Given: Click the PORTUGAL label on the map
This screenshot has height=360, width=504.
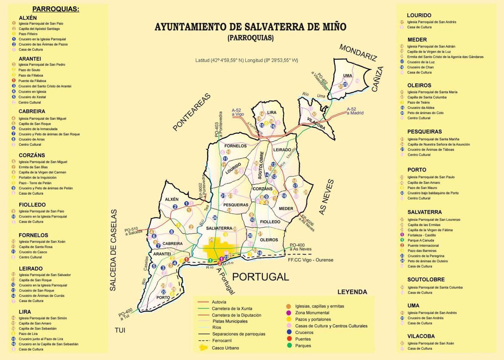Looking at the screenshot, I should [260, 277].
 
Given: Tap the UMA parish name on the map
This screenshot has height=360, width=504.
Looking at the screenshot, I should [347, 76].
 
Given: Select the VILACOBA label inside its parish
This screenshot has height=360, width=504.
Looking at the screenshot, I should [316, 124].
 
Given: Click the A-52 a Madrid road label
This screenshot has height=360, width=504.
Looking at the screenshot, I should [355, 111].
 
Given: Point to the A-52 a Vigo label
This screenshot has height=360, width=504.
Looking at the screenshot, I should [238, 112].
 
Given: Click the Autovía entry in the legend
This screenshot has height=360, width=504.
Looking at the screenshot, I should [219, 302].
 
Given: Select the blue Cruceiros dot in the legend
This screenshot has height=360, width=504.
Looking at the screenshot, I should [289, 332].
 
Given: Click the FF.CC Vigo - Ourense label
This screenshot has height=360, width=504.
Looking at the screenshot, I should [311, 260].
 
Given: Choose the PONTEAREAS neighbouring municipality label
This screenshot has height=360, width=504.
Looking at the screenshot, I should [192, 112].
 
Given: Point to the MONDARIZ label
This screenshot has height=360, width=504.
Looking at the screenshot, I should [358, 53].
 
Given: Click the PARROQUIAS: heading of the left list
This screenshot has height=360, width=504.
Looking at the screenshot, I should [56, 9].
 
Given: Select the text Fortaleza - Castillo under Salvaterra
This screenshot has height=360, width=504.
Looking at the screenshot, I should [422, 235].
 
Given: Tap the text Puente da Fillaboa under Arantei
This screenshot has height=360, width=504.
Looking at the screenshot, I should [32, 81].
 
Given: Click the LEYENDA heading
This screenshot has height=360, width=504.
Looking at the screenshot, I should [352, 292].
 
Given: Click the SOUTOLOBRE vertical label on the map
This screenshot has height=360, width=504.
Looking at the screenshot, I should [260, 165].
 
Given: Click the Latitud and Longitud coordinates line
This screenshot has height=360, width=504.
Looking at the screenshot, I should [246, 60].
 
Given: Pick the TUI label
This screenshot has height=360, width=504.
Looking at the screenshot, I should [120, 330].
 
